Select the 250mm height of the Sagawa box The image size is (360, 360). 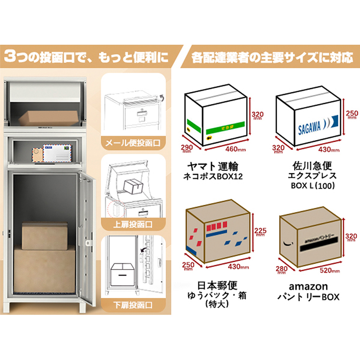(351, 115)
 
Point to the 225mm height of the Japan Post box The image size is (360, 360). (261, 232)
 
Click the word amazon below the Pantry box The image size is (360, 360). (308, 286)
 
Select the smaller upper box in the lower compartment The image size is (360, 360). (45, 234)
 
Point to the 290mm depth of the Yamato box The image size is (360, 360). (187, 148)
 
